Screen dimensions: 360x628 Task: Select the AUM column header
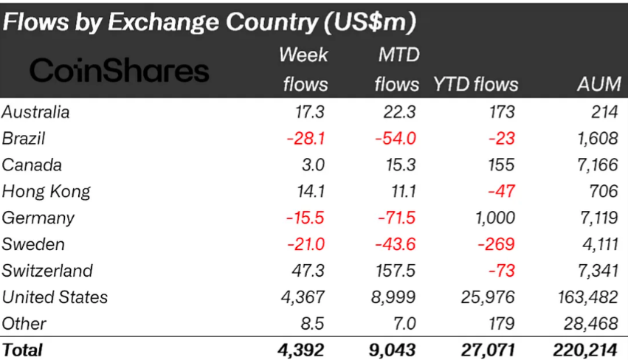pos(598,84)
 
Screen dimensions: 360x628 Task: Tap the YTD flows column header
pos(476,84)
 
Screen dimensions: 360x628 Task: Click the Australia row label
pos(36,112)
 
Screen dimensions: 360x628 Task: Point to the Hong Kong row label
pos(46,192)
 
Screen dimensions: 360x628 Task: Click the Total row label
pos(23,350)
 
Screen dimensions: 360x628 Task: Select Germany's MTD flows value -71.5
pos(396,218)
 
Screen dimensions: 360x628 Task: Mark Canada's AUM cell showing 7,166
pos(597,165)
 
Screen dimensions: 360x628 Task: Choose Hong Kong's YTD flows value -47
pos(503,192)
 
